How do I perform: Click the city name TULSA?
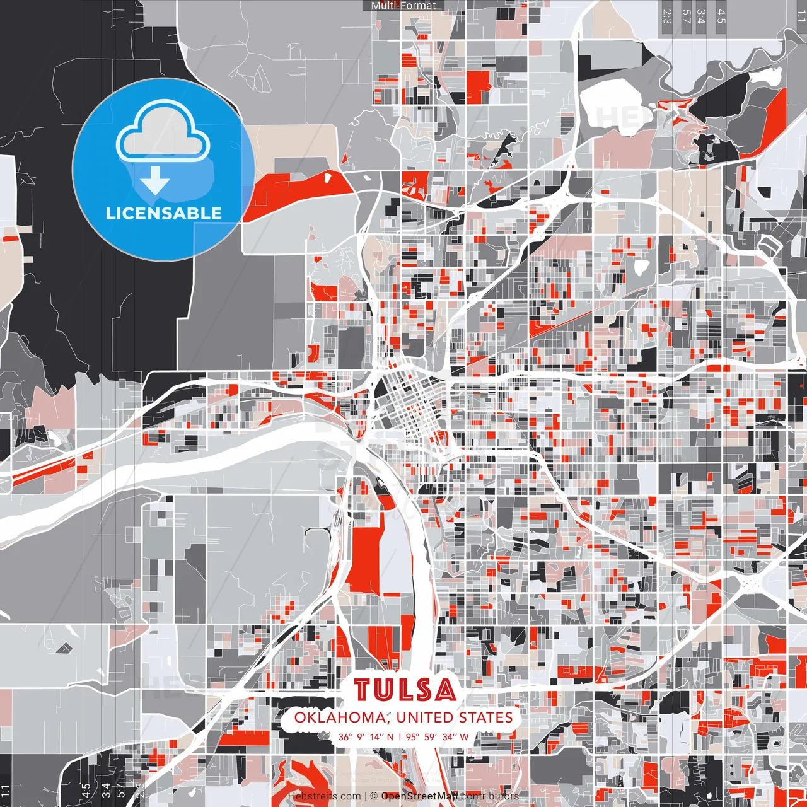tap(405, 690)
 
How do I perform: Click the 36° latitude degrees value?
tap(345, 737)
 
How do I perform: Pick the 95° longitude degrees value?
tap(413, 737)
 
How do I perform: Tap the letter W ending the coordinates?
tap(464, 737)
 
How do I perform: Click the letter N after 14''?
tap(390, 737)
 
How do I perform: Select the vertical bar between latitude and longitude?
tap(400, 737)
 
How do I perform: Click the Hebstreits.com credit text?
tap(324, 796)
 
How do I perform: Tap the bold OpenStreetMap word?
tap(419, 796)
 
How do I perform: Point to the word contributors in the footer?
tap(490, 796)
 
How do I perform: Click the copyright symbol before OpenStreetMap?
tap(374, 796)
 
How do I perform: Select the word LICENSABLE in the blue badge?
tap(163, 213)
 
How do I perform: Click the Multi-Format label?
tap(403, 6)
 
